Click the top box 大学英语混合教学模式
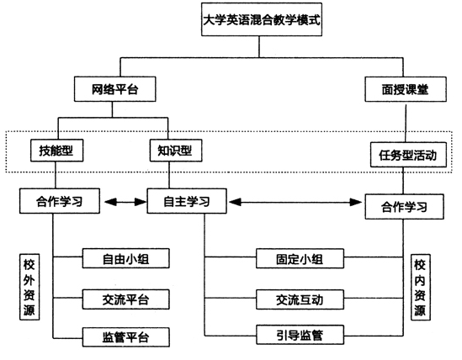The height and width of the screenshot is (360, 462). pyautogui.click(x=262, y=19)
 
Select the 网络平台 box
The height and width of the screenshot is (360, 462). pyautogui.click(x=115, y=89)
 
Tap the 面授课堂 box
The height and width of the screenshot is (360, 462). pyautogui.click(x=406, y=89)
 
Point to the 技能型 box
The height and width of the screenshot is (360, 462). pyautogui.click(x=57, y=151)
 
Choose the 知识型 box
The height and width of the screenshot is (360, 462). pyautogui.click(x=176, y=151)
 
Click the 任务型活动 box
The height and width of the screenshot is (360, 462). pyautogui.click(x=408, y=155)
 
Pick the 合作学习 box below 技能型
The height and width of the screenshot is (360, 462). pyautogui.click(x=60, y=201)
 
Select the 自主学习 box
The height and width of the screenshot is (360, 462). pyautogui.click(x=187, y=201)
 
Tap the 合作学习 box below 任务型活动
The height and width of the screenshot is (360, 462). pyautogui.click(x=404, y=206)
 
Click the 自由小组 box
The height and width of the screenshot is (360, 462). pyautogui.click(x=126, y=258)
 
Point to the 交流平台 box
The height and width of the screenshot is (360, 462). pyautogui.click(x=126, y=299)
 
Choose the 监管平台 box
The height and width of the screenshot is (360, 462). pyautogui.click(x=126, y=337)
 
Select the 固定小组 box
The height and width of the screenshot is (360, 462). pyautogui.click(x=300, y=258)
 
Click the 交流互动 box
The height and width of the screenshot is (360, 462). pyautogui.click(x=300, y=299)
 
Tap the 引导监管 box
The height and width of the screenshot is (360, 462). pyautogui.click(x=300, y=335)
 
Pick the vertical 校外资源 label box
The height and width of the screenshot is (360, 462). pyautogui.click(x=29, y=287)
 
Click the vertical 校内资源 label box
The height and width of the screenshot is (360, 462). pyautogui.click(x=421, y=287)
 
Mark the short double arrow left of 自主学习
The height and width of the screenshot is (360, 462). pyautogui.click(x=125, y=202)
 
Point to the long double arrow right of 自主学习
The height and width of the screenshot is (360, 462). pyautogui.click(x=295, y=202)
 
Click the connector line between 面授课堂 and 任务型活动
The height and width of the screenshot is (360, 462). pyautogui.click(x=406, y=123)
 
